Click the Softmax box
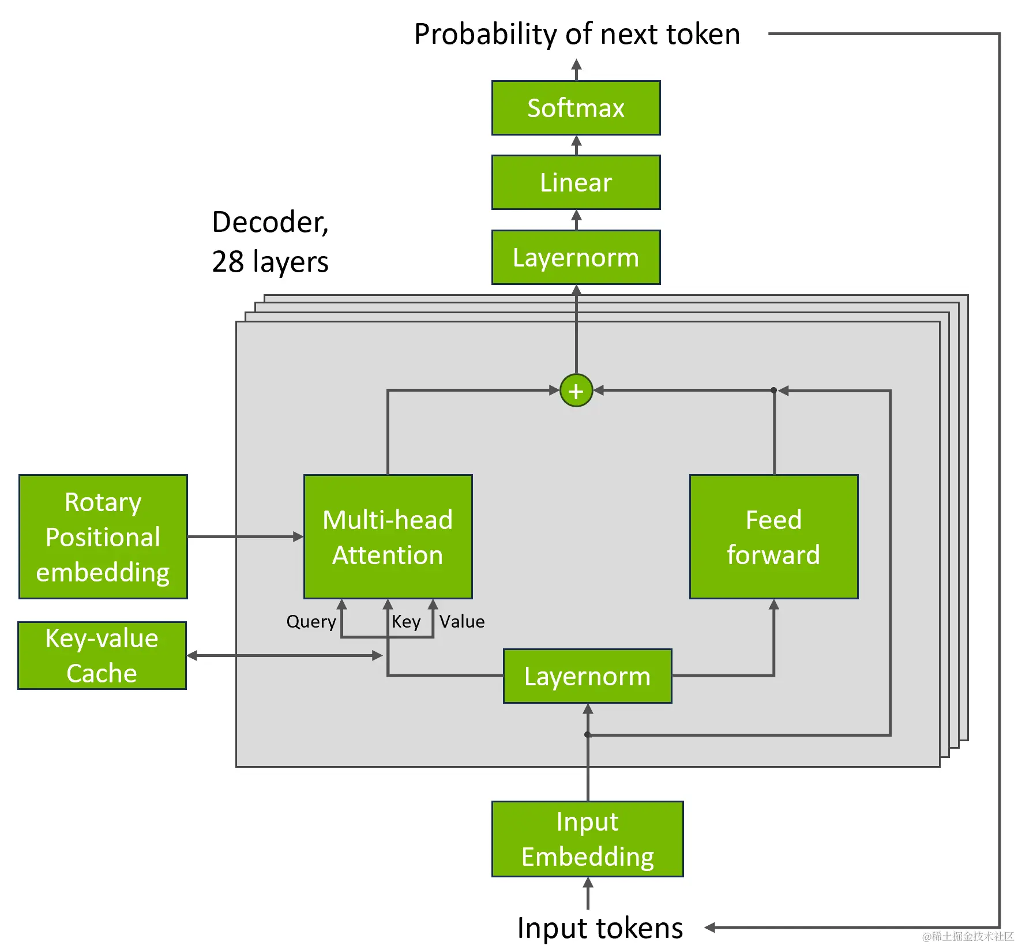point(576,108)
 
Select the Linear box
point(576,182)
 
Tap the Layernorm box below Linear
point(576,257)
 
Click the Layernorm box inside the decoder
point(587,676)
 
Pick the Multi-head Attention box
point(388,536)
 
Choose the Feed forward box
point(773,536)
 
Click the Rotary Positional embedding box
point(103,536)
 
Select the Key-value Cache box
point(102,655)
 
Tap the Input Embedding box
point(587,839)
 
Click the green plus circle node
point(576,391)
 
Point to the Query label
point(311,621)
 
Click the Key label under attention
point(406,621)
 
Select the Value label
point(461,621)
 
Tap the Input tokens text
point(600,928)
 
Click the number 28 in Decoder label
point(228,261)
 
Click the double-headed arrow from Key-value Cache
point(284,655)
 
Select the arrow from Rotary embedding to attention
point(245,536)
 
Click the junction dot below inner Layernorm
point(587,734)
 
